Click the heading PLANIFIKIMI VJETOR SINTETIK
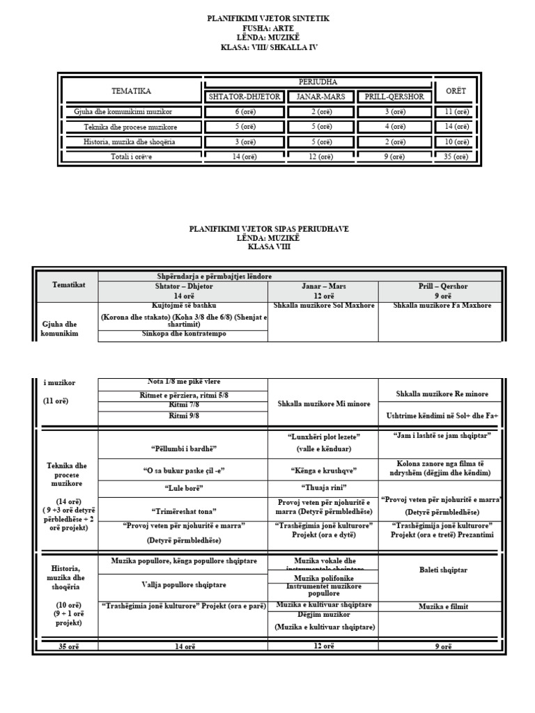click(267, 19)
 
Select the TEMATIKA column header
click(131, 91)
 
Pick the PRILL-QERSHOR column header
click(394, 97)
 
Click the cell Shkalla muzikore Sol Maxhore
click(323, 306)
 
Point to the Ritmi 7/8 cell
click(183, 406)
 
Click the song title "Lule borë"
click(183, 489)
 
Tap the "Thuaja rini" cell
click(323, 487)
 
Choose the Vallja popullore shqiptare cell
click(183, 585)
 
